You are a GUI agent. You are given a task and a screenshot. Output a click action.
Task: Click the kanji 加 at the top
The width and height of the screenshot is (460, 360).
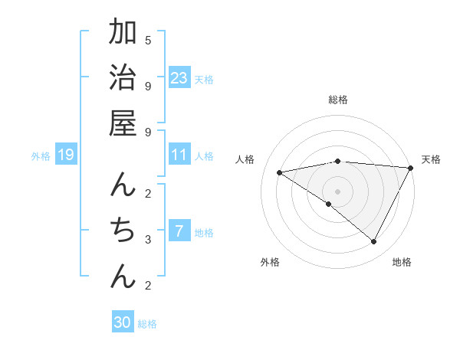coord(123,33)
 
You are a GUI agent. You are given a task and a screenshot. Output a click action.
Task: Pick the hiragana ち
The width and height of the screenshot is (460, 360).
coord(123,230)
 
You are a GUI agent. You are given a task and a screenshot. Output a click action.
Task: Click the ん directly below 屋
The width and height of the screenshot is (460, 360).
coord(123,185)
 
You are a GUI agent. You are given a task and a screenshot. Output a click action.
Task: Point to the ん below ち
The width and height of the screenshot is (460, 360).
coord(123,276)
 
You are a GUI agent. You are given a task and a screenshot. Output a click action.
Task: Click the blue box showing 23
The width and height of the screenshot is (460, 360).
coord(179,77)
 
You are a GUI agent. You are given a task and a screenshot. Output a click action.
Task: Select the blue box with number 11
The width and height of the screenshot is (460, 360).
coord(179,155)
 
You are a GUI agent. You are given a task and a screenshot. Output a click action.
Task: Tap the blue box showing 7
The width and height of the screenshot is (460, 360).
coord(179,231)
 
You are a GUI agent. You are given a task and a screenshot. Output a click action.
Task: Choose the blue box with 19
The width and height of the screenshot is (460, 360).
coord(65,155)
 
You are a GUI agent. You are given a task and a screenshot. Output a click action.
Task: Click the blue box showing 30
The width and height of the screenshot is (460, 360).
coord(123,322)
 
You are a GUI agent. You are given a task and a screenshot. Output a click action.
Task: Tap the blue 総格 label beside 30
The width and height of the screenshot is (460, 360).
coord(147,324)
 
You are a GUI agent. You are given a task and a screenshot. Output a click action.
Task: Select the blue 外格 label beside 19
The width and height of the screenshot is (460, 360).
coord(41,156)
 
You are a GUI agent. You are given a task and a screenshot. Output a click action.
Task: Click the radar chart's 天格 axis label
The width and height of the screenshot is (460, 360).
coord(431,159)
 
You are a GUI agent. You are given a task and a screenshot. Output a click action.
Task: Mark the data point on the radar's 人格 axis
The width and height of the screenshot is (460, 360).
coord(280,172)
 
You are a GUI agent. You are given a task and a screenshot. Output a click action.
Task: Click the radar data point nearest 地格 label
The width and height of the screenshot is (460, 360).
coord(373,242)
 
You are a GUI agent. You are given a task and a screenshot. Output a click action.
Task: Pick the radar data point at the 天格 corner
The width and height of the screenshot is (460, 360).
coord(411,168)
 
